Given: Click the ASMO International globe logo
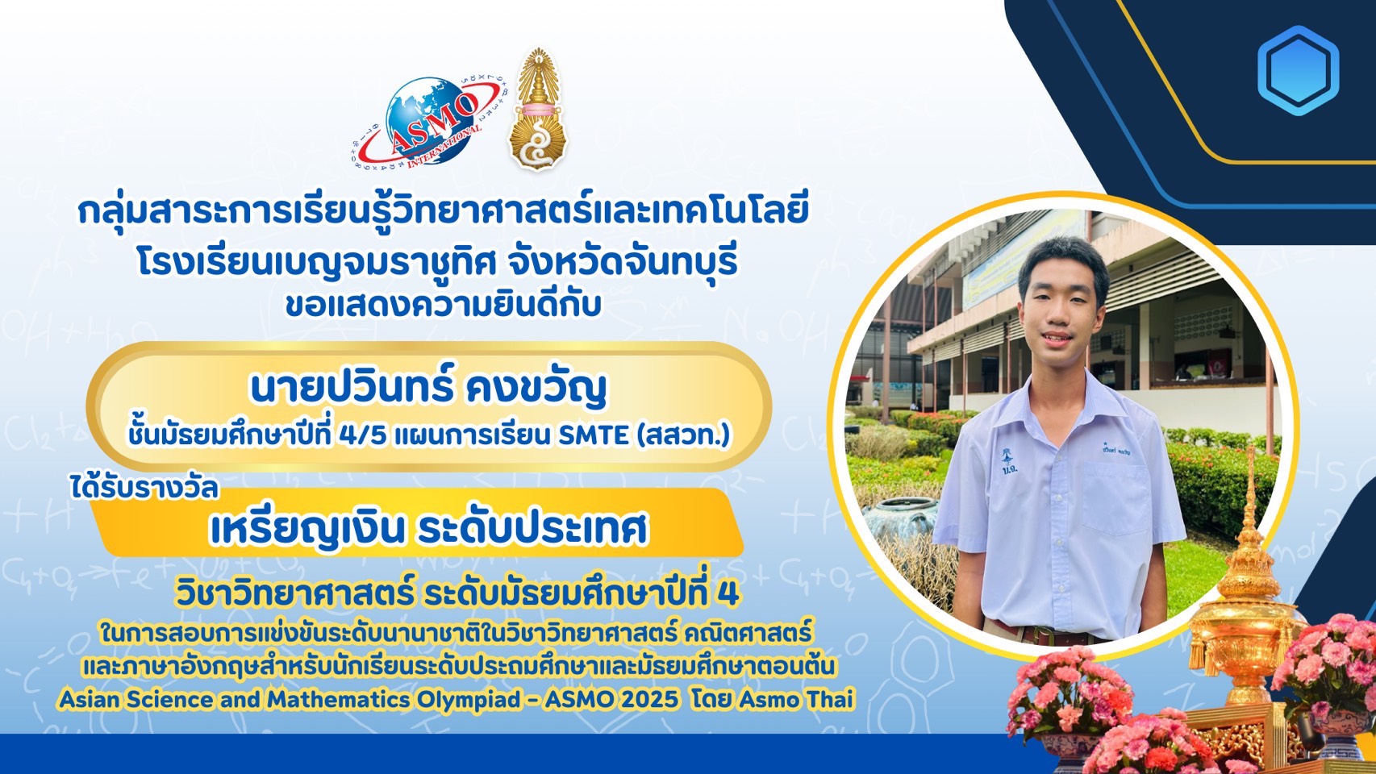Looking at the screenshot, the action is pyautogui.click(x=425, y=123).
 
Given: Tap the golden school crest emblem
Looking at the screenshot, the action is pyautogui.click(x=538, y=110).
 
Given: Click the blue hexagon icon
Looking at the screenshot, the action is pyautogui.click(x=1298, y=70).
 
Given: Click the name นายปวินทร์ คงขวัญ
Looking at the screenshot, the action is pyautogui.click(x=428, y=389).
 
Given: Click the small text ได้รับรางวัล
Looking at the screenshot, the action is pyautogui.click(x=144, y=489).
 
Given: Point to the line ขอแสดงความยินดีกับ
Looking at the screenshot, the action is pyautogui.click(x=443, y=306).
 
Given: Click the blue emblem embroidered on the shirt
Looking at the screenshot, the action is pyautogui.click(x=1006, y=460).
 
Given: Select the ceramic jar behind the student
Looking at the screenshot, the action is pyautogui.click(x=901, y=520).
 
